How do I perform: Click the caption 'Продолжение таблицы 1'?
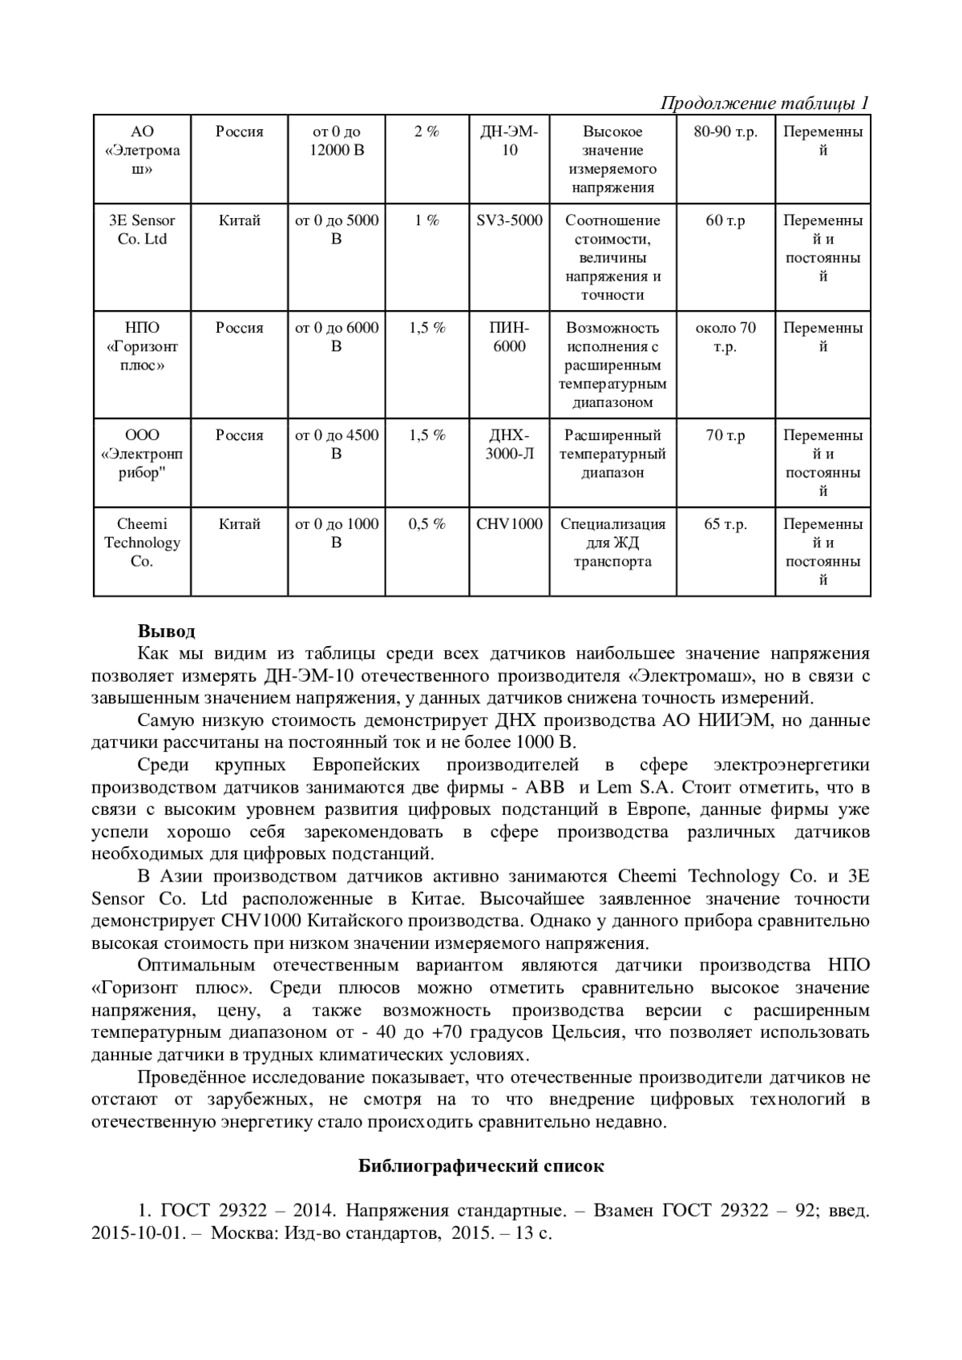pyautogui.click(x=764, y=103)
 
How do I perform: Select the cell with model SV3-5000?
pyautogui.click(x=509, y=220)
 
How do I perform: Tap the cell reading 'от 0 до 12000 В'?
pyautogui.click(x=337, y=141)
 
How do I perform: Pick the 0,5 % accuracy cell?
pyautogui.click(x=426, y=524)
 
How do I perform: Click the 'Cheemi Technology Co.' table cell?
pyautogui.click(x=142, y=543)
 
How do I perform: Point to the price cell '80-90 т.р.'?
pyautogui.click(x=726, y=132)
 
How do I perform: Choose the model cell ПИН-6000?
pyautogui.click(x=509, y=337)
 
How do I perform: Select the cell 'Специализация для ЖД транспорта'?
pyautogui.click(x=613, y=543)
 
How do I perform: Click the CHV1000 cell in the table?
pyautogui.click(x=509, y=524)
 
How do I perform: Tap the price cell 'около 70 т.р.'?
pyautogui.click(x=726, y=337)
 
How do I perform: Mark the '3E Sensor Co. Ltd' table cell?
pyautogui.click(x=142, y=230)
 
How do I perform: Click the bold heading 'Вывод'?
pyautogui.click(x=166, y=632)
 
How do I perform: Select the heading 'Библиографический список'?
pyautogui.click(x=480, y=1166)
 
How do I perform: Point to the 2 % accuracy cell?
pyautogui.click(x=426, y=132)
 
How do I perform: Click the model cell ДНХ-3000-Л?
pyautogui.click(x=509, y=445)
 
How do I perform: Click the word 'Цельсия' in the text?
pyautogui.click(x=585, y=1032)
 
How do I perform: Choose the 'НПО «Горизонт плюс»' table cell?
pyautogui.click(x=142, y=347)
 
